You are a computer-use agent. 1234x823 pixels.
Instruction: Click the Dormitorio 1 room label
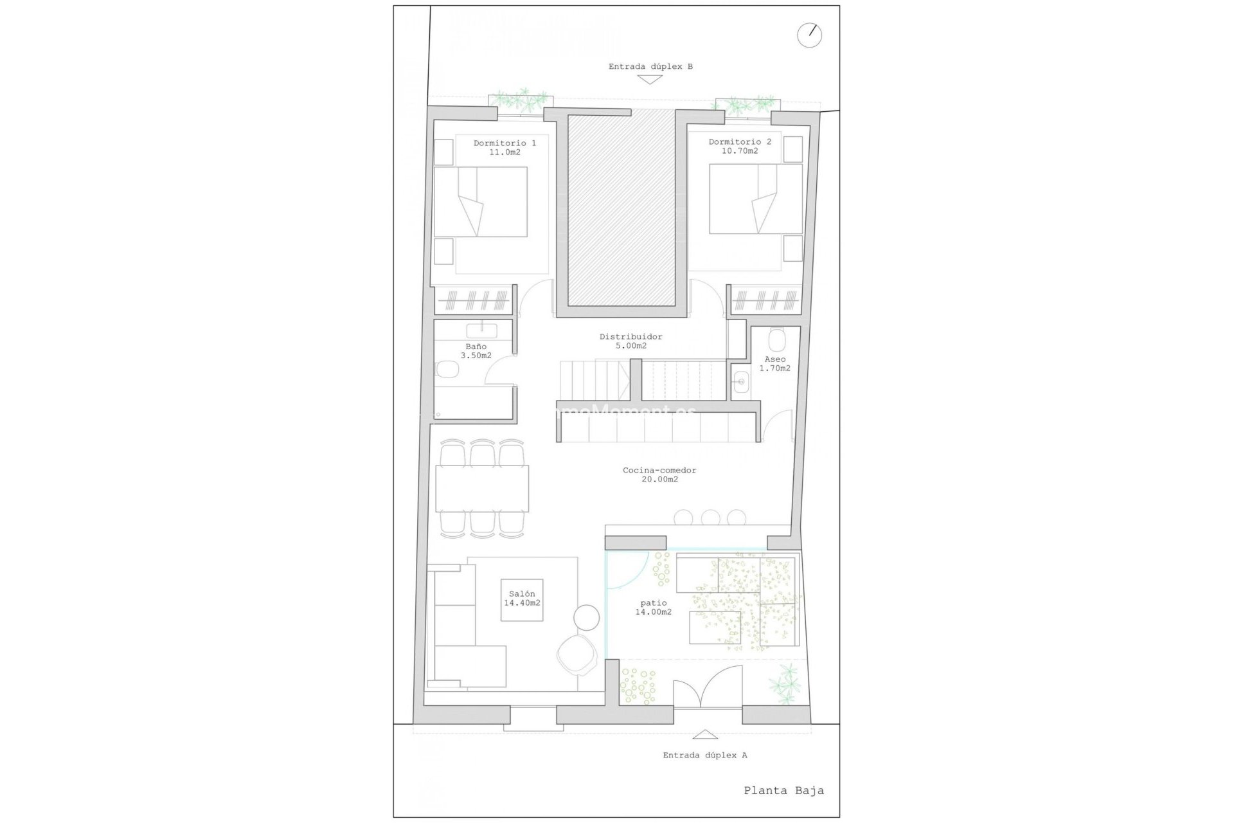(x=505, y=147)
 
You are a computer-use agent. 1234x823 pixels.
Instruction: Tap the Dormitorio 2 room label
(x=740, y=146)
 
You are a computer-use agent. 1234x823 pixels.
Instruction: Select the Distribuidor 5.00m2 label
(x=630, y=341)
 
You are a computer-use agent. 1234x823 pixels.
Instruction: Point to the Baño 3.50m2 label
(x=476, y=351)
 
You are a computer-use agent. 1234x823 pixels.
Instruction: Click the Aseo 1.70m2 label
(x=774, y=364)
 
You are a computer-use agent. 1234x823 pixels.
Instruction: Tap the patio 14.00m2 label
(x=654, y=608)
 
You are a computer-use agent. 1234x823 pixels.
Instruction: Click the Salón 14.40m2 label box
(x=522, y=599)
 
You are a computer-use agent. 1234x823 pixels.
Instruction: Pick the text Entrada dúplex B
(x=650, y=66)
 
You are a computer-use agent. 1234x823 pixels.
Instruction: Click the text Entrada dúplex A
(x=704, y=755)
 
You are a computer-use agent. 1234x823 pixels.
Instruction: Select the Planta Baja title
(x=783, y=791)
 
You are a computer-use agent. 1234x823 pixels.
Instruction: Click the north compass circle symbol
(x=809, y=35)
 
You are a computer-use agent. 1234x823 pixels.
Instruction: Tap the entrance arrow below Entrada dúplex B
(x=650, y=80)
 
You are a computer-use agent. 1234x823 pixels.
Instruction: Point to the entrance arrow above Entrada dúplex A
(x=705, y=734)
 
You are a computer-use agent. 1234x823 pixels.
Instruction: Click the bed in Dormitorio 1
(x=481, y=201)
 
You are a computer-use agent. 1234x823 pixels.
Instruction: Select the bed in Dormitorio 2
(x=756, y=199)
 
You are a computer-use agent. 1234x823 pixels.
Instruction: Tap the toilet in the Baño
(x=447, y=370)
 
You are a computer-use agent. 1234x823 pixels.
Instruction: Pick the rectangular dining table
(x=482, y=488)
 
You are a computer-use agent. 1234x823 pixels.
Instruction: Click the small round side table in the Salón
(x=586, y=617)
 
